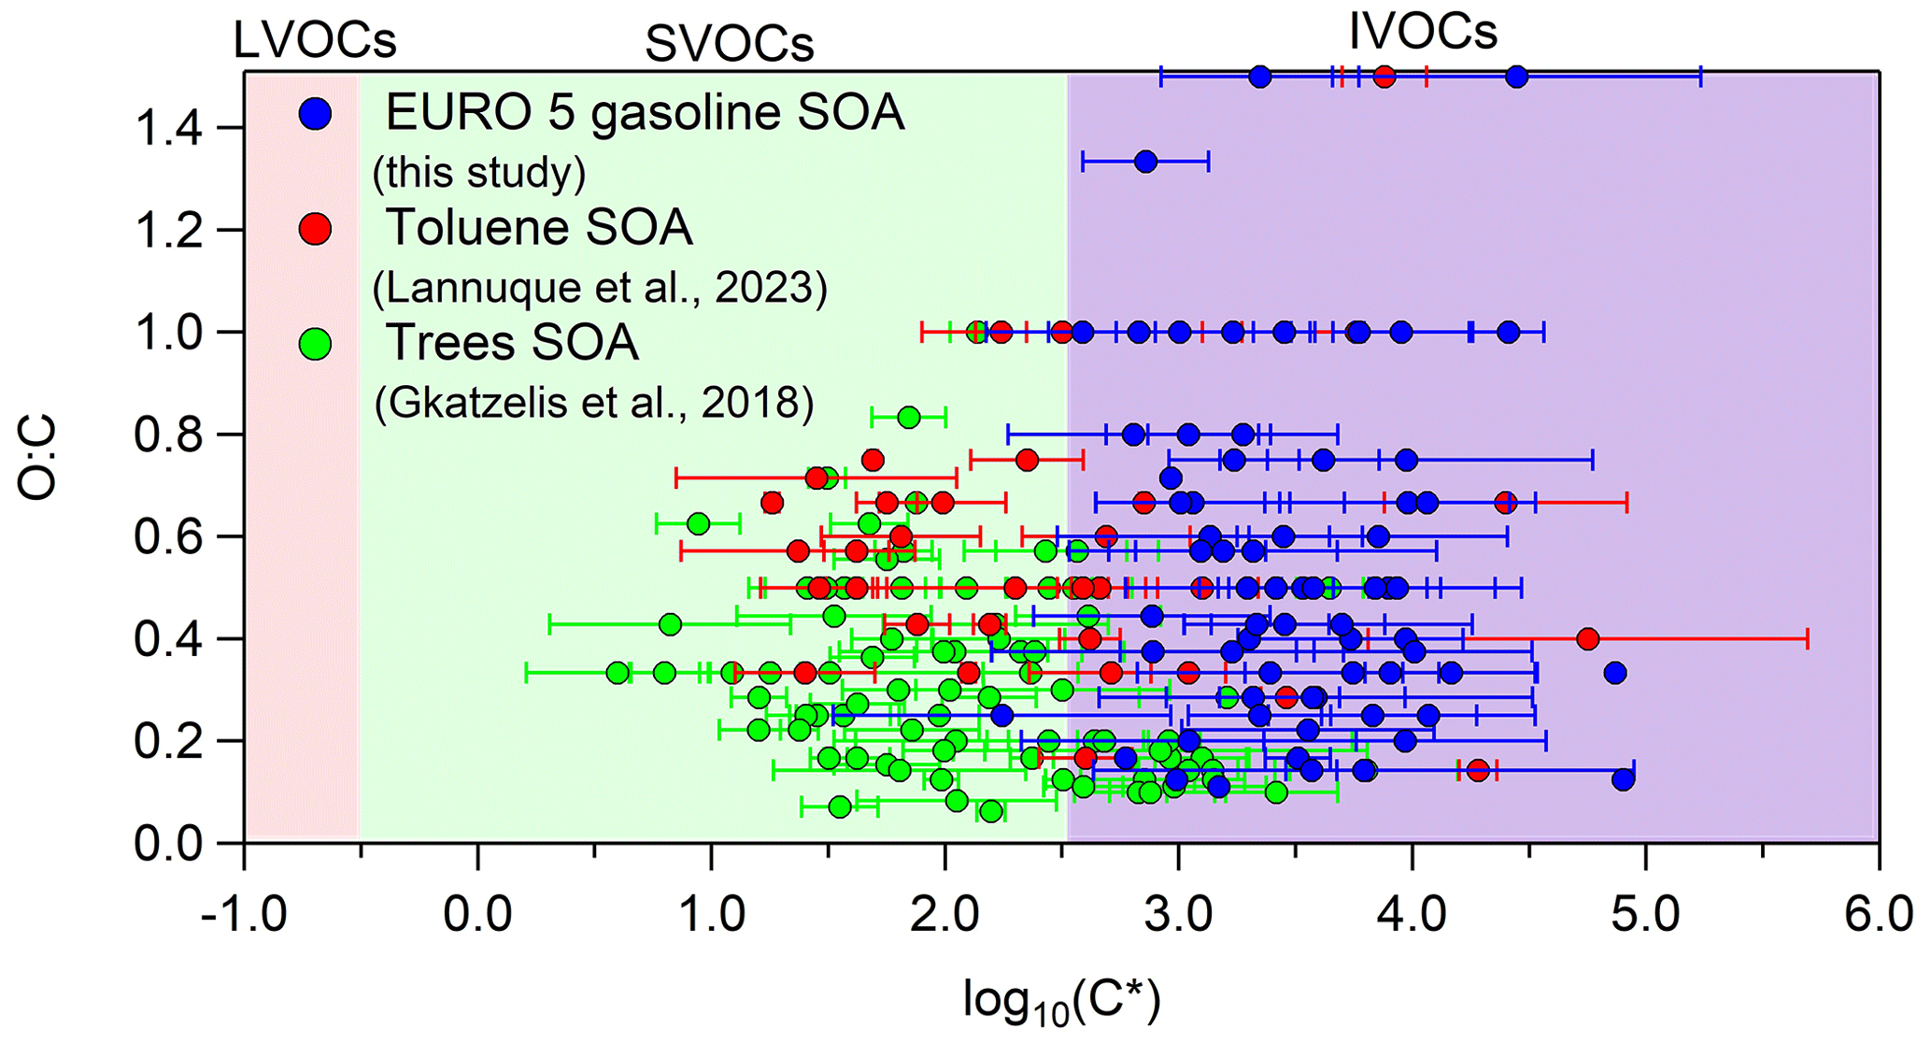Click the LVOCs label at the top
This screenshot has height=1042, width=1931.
[x=315, y=41]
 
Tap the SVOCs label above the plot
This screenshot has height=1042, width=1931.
[x=729, y=43]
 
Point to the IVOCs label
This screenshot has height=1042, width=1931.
[x=1423, y=32]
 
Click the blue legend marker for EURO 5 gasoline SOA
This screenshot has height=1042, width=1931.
[x=316, y=113]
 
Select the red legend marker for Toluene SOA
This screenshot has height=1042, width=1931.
[x=316, y=228]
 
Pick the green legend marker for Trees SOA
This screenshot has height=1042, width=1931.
[x=316, y=343]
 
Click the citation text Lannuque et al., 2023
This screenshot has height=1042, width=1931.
[x=600, y=288]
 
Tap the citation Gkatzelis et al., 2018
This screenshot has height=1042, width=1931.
[x=594, y=402]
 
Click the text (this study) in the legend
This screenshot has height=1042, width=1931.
[x=479, y=172]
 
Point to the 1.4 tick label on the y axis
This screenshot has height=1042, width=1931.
[x=168, y=128]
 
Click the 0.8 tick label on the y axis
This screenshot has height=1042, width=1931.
[x=168, y=435]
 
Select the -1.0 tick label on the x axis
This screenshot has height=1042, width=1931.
[x=244, y=914]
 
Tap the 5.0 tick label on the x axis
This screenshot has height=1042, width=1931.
[x=1645, y=914]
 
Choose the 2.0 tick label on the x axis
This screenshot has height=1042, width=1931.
[x=944, y=914]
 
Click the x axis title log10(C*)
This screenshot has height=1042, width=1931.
[x=1062, y=1002]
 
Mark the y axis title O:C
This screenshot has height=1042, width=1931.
[x=38, y=458]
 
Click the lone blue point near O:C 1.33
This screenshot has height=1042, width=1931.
[x=1145, y=162]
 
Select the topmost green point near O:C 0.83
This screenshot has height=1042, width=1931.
[x=908, y=417]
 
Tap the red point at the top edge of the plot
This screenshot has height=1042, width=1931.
[x=1384, y=77]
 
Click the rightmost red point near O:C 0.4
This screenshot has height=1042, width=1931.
[x=1587, y=639]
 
